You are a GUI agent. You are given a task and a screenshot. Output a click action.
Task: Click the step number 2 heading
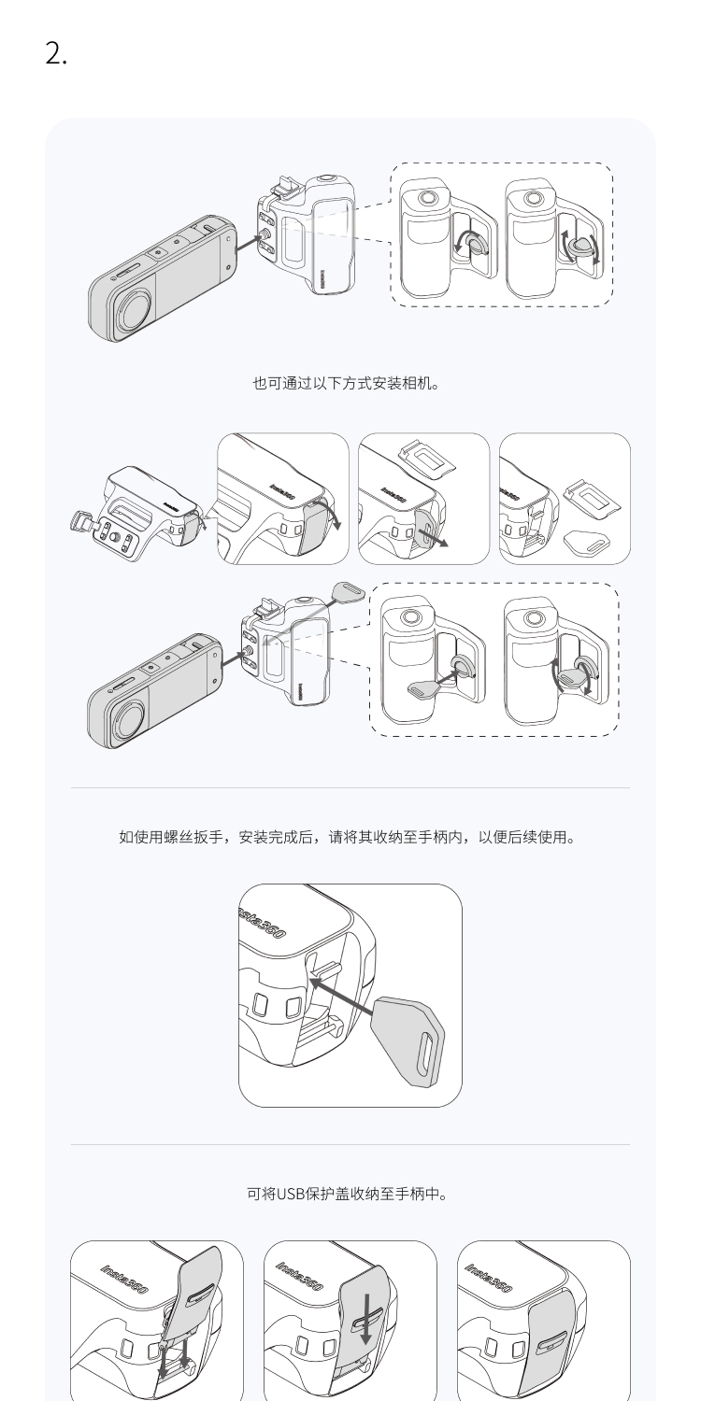[56, 54]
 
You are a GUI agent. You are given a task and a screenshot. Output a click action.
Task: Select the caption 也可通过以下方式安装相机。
[346, 383]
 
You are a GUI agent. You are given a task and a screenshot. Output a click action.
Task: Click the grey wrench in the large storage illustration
[408, 1040]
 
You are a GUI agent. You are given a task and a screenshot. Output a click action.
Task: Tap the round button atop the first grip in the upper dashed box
[427, 198]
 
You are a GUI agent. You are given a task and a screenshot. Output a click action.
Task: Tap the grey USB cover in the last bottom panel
[555, 1345]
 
